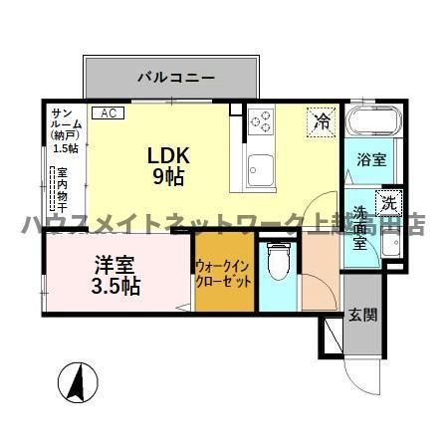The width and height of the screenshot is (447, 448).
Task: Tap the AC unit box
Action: point(108,112)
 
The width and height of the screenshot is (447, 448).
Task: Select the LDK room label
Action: point(168,157)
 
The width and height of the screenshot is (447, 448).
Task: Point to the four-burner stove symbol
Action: point(262,121)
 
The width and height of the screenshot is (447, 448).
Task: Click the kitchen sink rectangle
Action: point(261,170)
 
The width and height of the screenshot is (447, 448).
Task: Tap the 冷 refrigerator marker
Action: point(321,122)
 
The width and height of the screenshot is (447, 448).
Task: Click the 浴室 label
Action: point(372,158)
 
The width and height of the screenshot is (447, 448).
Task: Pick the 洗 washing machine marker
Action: point(389,199)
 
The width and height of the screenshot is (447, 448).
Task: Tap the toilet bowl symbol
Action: point(278,267)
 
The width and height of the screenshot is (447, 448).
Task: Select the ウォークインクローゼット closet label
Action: point(223,273)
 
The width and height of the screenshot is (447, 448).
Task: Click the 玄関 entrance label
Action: point(362,317)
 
